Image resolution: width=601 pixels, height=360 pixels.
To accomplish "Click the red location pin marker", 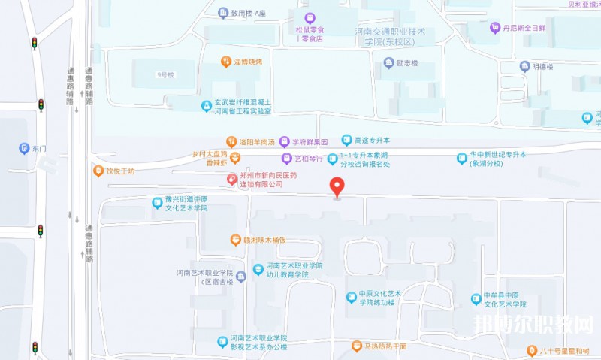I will tap(337, 186).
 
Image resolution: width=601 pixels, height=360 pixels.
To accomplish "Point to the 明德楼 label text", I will tap(542, 66).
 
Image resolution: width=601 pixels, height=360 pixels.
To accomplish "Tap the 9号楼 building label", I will tap(165, 75).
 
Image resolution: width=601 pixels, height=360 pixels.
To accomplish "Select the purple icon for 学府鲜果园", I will tap(284, 141).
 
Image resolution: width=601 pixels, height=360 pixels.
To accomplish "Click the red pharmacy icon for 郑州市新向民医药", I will tap(232, 179).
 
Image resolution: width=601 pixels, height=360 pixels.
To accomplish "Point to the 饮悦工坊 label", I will tap(119, 171).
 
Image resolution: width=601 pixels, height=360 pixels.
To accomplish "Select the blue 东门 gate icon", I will tap(24, 148).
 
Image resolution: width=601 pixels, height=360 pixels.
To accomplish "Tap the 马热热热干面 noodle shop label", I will tap(385, 346).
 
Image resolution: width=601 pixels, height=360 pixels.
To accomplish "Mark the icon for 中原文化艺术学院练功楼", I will tap(351, 298).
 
